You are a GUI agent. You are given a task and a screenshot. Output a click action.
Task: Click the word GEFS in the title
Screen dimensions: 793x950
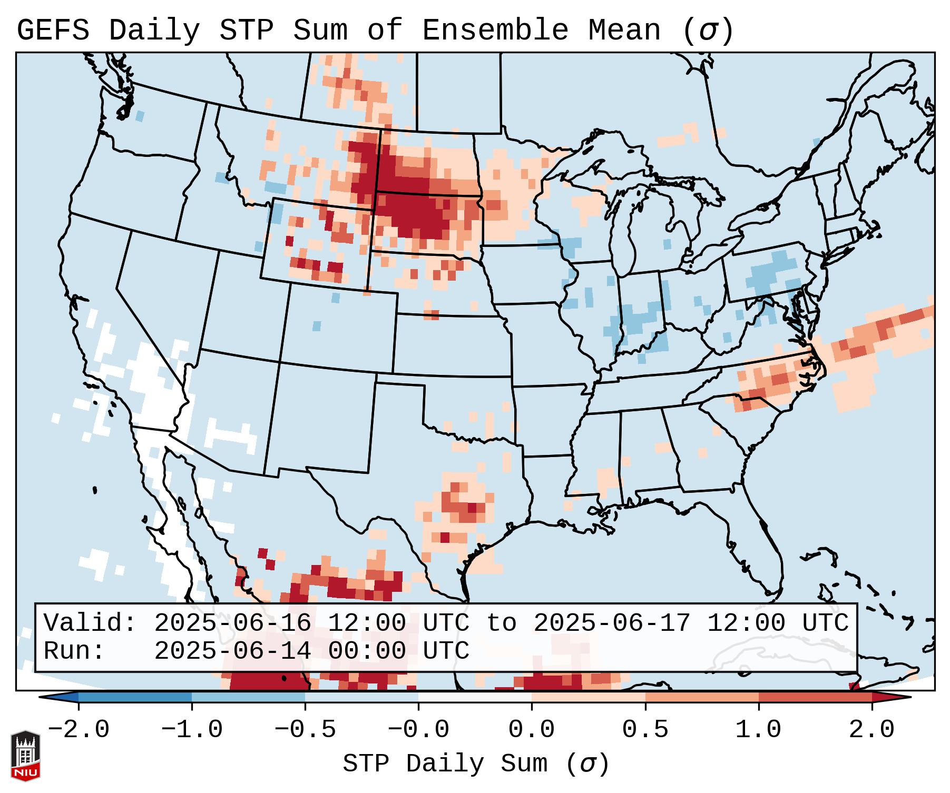[53, 31]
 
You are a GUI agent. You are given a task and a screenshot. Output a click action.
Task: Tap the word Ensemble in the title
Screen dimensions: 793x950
[495, 31]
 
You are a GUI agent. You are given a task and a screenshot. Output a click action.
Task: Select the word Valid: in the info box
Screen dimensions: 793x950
[90, 623]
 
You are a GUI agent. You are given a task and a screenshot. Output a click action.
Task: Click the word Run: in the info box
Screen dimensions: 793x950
[74, 651]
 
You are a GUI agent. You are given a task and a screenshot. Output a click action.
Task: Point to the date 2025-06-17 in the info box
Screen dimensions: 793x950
[612, 623]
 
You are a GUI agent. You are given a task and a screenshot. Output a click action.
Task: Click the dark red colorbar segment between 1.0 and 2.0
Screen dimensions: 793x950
[815, 697]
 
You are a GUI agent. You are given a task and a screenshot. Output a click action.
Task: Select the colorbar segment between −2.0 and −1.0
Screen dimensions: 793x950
[135, 697]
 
